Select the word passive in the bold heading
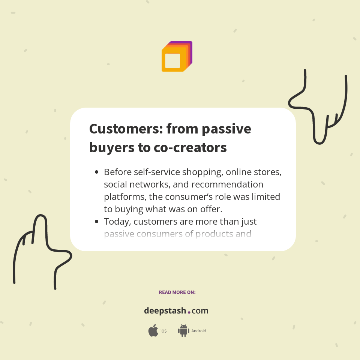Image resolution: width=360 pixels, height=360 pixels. click(226, 129)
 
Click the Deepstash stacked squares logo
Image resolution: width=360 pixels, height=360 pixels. click(177, 57)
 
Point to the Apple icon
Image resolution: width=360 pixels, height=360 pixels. click(153, 331)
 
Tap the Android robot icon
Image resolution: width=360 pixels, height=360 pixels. click(183, 330)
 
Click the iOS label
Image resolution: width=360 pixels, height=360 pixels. click(163, 331)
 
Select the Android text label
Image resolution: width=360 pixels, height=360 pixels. click(199, 331)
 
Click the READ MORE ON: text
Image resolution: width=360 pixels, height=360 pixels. click(177, 292)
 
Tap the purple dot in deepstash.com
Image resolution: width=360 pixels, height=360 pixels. click(189, 312)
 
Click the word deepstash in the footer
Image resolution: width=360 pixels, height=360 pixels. click(165, 311)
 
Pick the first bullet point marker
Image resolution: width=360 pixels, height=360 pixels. click(96, 172)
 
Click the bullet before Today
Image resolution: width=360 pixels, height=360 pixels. click(96, 222)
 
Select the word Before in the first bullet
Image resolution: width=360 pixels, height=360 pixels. click(117, 172)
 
